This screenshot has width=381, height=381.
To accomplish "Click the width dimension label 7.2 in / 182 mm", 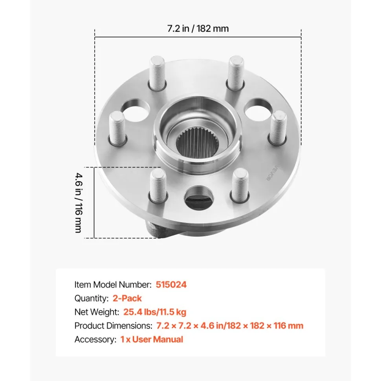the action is pos(198,29).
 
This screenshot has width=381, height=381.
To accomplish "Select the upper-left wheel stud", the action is pos(158,73).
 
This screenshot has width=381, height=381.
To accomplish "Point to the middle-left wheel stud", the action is pos(117,128).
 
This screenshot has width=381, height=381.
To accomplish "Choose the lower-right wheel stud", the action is pos(240,185).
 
